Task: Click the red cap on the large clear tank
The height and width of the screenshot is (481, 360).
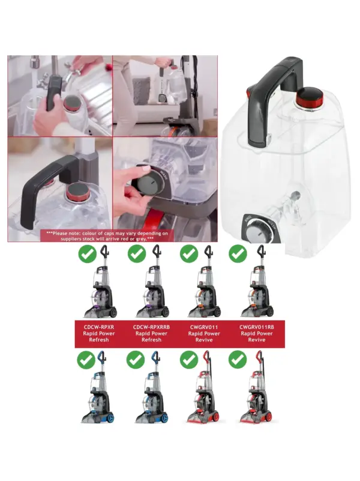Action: click(x=310, y=97)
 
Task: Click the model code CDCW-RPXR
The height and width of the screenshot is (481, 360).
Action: click(x=98, y=327)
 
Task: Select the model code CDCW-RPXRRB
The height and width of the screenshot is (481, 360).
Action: click(x=151, y=327)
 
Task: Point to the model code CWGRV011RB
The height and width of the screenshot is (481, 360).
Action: click(x=257, y=327)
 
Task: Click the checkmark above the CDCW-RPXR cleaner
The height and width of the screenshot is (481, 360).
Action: click(x=88, y=253)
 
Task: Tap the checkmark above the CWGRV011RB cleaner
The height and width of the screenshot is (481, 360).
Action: click(x=238, y=253)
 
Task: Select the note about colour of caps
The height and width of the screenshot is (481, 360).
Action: click(x=107, y=236)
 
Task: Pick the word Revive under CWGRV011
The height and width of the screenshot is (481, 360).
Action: click(x=204, y=340)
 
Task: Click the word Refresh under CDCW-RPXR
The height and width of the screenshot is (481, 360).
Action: click(x=98, y=340)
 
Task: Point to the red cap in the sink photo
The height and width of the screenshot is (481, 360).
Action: click(x=73, y=104)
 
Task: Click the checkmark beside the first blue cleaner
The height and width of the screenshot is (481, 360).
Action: click(x=86, y=360)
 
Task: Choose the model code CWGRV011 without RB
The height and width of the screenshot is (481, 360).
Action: click(x=204, y=327)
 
